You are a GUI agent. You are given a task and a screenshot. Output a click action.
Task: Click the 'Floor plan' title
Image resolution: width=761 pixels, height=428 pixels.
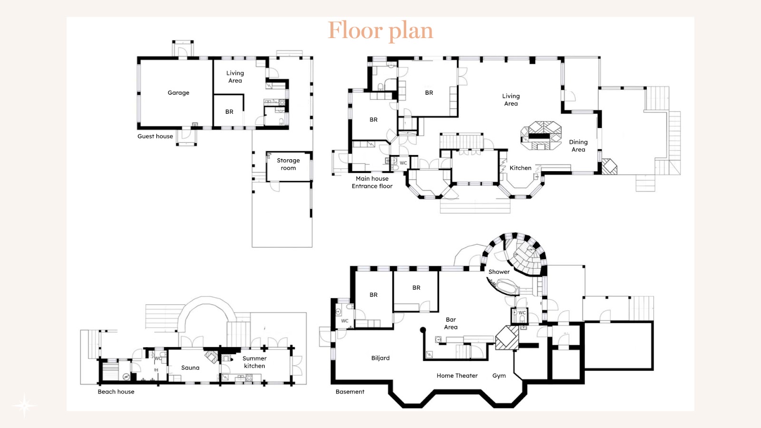pyautogui.click(x=380, y=31)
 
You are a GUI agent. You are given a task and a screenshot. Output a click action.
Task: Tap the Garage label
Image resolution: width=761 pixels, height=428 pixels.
pyautogui.click(x=178, y=93)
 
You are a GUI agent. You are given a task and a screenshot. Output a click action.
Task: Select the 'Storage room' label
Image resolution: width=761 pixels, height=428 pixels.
pyautogui.click(x=288, y=164)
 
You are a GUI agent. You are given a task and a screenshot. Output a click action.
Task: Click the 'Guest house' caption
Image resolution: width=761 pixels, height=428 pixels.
pyautogui.click(x=155, y=136)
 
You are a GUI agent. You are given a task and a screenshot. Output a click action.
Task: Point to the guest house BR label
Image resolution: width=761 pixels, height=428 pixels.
pyautogui.click(x=229, y=112)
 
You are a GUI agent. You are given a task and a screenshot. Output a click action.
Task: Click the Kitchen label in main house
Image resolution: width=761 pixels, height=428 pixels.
pyautogui.click(x=520, y=168)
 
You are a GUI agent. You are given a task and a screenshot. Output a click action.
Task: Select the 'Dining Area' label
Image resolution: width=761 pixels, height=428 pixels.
pyautogui.click(x=578, y=146)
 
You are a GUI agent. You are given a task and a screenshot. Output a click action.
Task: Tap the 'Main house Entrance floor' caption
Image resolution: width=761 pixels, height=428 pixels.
pyautogui.click(x=372, y=183)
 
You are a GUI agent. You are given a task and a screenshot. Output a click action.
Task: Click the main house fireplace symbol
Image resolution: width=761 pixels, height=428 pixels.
pyautogui.click(x=541, y=136)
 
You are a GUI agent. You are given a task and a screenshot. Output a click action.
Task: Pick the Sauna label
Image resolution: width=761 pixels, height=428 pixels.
pyautogui.click(x=190, y=368)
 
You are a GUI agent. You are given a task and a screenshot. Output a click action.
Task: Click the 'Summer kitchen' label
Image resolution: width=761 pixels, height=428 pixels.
pyautogui.click(x=254, y=362)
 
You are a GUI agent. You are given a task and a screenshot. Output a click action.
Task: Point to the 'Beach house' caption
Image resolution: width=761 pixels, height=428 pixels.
pyautogui.click(x=116, y=392)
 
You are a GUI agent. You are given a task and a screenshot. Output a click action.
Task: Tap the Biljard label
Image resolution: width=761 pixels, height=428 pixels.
pyautogui.click(x=380, y=358)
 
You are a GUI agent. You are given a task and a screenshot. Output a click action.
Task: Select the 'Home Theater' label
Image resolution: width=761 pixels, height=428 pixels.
pyautogui.click(x=457, y=376)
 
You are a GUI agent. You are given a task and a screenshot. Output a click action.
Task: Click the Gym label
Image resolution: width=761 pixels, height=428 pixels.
pyautogui.click(x=499, y=376)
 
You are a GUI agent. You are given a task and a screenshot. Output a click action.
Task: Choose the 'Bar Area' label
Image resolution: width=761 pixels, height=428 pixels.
pyautogui.click(x=451, y=323)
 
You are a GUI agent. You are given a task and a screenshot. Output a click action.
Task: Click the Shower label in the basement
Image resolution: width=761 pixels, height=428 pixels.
pyautogui.click(x=499, y=272)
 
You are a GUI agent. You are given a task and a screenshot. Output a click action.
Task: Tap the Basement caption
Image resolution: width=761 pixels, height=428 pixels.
pyautogui.click(x=350, y=392)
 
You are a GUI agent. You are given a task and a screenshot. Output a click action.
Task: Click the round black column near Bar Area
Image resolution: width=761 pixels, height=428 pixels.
pyautogui.click(x=423, y=330)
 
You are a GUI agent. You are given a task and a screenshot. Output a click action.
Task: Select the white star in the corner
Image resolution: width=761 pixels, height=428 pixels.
pyautogui.click(x=24, y=405)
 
